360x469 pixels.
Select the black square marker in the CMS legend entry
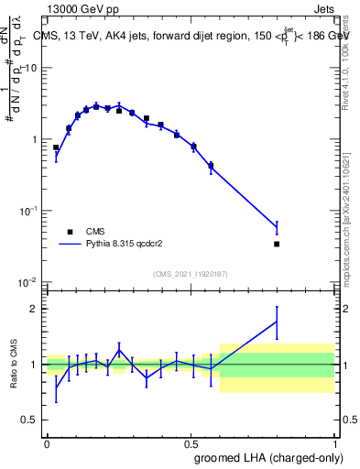click(70, 232)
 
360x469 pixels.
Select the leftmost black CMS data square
click(56, 147)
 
